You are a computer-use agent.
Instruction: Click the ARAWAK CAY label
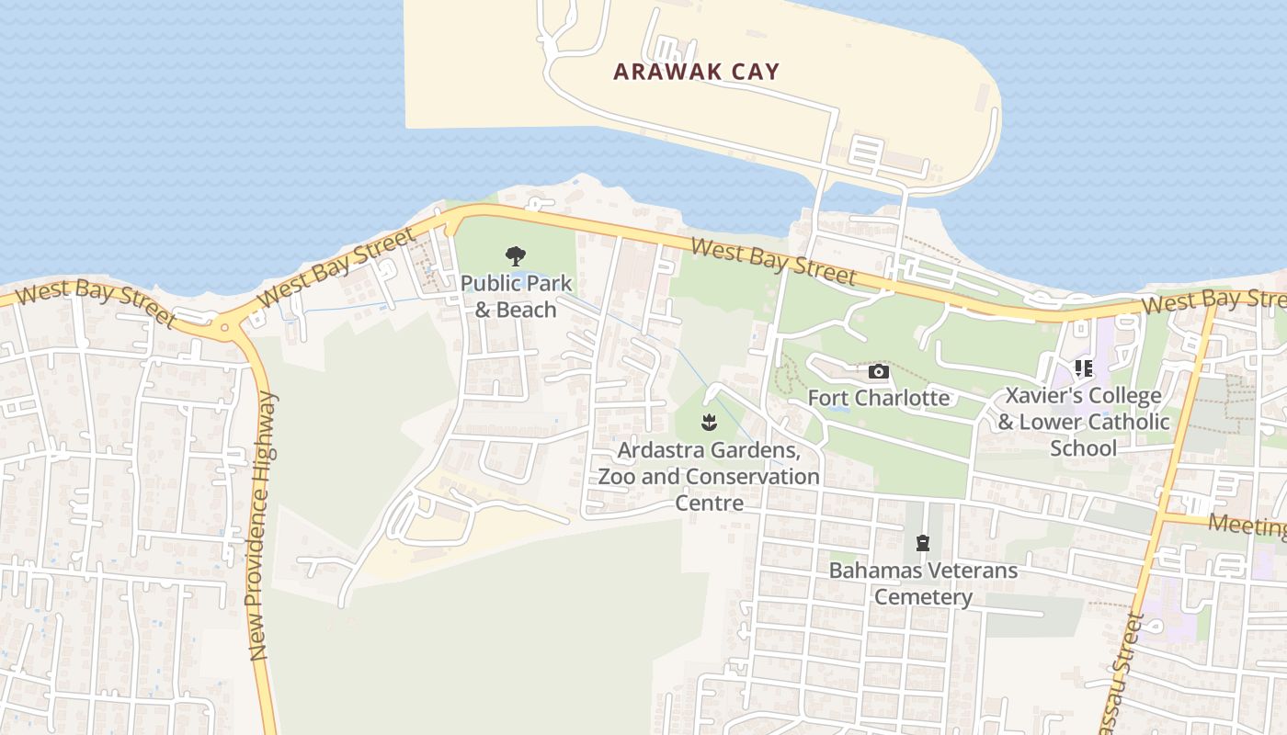(696, 72)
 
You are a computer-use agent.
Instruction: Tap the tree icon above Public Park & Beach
(516, 256)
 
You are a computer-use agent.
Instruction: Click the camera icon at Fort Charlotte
(879, 371)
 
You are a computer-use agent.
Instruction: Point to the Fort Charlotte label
(878, 398)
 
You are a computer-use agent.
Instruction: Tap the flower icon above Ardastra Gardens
(708, 423)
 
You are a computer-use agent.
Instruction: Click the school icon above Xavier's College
(1084, 368)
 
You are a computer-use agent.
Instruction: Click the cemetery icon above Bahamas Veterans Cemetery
(922, 543)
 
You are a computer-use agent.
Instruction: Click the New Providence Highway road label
(263, 526)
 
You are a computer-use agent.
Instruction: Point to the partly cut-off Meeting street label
(1247, 526)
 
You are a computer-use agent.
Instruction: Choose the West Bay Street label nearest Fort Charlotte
(773, 262)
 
